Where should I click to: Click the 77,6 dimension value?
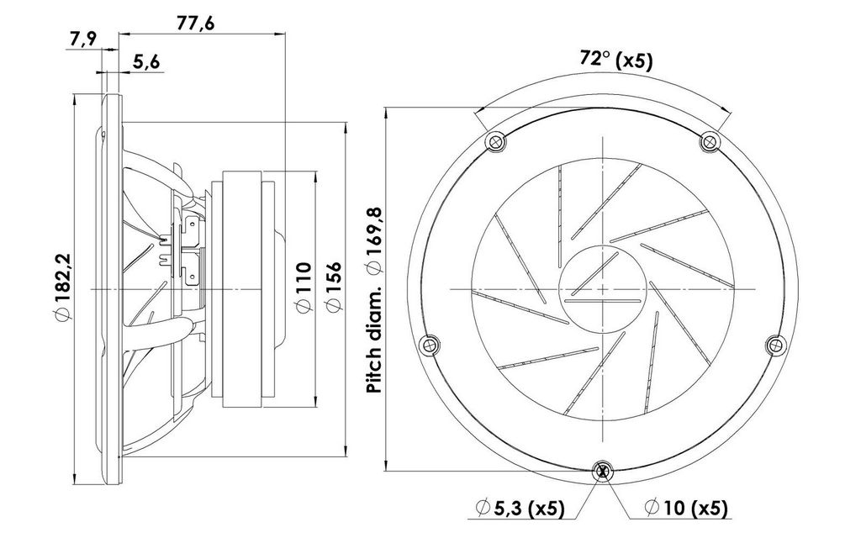(195, 23)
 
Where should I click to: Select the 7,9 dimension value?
(83, 40)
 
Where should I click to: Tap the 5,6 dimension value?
(146, 62)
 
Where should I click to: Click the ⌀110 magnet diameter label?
(304, 287)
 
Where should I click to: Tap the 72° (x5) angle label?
(616, 60)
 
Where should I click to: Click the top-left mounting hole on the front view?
(496, 142)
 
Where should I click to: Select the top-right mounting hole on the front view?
(710, 142)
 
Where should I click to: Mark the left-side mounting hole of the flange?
(429, 345)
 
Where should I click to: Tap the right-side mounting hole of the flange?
(775, 345)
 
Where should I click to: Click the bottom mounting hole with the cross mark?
(603, 471)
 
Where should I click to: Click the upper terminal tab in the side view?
(193, 226)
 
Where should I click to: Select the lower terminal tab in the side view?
(193, 274)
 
